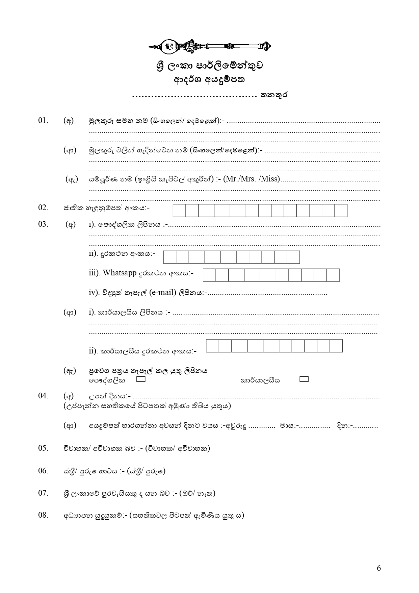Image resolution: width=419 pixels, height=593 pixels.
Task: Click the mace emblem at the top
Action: pyautogui.click(x=210, y=46)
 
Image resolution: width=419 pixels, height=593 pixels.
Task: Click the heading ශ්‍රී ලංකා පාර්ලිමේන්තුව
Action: pyautogui.click(x=210, y=66)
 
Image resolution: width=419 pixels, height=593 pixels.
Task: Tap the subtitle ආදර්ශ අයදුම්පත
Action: pyautogui.click(x=209, y=80)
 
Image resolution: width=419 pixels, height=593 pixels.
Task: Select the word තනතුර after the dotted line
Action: pyautogui.click(x=273, y=95)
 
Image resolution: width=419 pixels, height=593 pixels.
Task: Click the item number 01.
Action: pyautogui.click(x=43, y=121)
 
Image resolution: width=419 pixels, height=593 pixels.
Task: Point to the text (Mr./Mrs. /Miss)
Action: pyautogui.click(x=252, y=179)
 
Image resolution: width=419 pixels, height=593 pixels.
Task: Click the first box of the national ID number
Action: pyautogui.click(x=179, y=211)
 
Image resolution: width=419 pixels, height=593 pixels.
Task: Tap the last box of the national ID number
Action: pyautogui.click(x=341, y=211)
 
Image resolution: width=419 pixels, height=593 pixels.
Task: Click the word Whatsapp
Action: pyautogui.click(x=119, y=273)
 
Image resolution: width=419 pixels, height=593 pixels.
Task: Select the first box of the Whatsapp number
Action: pyautogui.click(x=209, y=275)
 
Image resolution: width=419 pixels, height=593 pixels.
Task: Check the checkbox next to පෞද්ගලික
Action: pyautogui.click(x=141, y=379)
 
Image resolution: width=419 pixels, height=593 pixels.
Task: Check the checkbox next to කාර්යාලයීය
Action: pyautogui.click(x=304, y=379)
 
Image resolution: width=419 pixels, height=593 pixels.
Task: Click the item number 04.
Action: pyautogui.click(x=43, y=396)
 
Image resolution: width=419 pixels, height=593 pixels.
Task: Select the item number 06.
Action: pyautogui.click(x=43, y=471)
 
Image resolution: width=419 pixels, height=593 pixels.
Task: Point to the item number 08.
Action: pyautogui.click(x=43, y=515)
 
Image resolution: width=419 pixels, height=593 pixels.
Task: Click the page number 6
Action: pyautogui.click(x=378, y=568)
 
